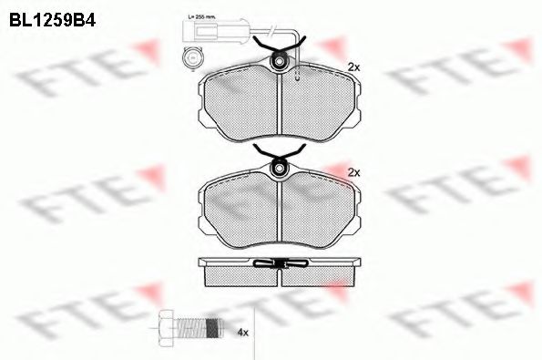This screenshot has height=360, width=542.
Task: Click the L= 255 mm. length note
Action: [201, 17]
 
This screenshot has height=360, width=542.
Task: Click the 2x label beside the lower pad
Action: [354, 171]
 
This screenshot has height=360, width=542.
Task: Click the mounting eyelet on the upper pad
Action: [279, 61]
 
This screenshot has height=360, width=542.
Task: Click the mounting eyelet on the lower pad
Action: [279, 167]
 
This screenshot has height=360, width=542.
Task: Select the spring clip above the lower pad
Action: [279, 151]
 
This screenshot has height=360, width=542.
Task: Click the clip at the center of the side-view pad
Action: [279, 264]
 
